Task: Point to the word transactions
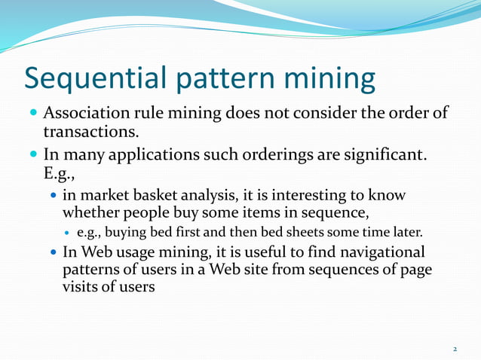[x=90, y=132]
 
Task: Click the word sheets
[x=310, y=232]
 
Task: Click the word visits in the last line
[x=81, y=286]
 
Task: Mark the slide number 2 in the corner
[x=455, y=349]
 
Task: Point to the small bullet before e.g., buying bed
[x=69, y=232]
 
